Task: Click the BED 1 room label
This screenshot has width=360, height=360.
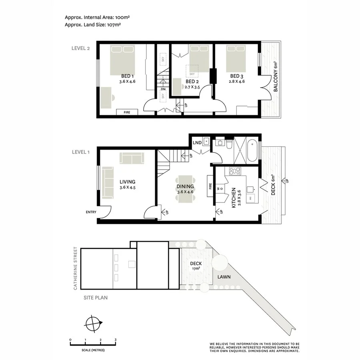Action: [127, 76]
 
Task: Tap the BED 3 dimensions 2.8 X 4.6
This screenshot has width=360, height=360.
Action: [237, 81]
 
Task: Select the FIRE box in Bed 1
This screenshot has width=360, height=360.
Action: [127, 112]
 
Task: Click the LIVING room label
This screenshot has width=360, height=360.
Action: [127, 182]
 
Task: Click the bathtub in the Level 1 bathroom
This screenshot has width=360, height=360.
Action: [252, 150]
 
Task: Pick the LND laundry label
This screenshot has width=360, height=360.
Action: [196, 142]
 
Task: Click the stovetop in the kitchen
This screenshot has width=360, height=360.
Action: [234, 171]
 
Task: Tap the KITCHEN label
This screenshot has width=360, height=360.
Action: [233, 198]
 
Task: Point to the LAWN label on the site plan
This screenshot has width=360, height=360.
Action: [224, 276]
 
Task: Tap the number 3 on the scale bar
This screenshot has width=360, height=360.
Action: [116, 340]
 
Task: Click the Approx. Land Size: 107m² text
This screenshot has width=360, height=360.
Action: [93, 24]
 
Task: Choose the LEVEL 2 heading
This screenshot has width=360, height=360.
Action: [80, 48]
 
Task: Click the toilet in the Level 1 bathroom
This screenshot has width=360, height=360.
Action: [228, 143]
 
